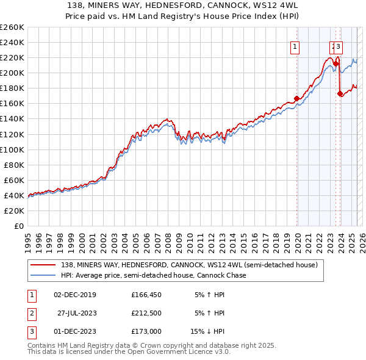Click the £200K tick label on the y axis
pos(12,73)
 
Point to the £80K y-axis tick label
pos(14,165)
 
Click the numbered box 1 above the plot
pos(295,47)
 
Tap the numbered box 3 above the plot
pos(339,47)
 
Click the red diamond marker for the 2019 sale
pos(296,98)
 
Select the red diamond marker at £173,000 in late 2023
pos(340,93)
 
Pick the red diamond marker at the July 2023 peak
pos(336,63)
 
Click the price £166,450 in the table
pos(146,295)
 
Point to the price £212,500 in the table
pos(146,313)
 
